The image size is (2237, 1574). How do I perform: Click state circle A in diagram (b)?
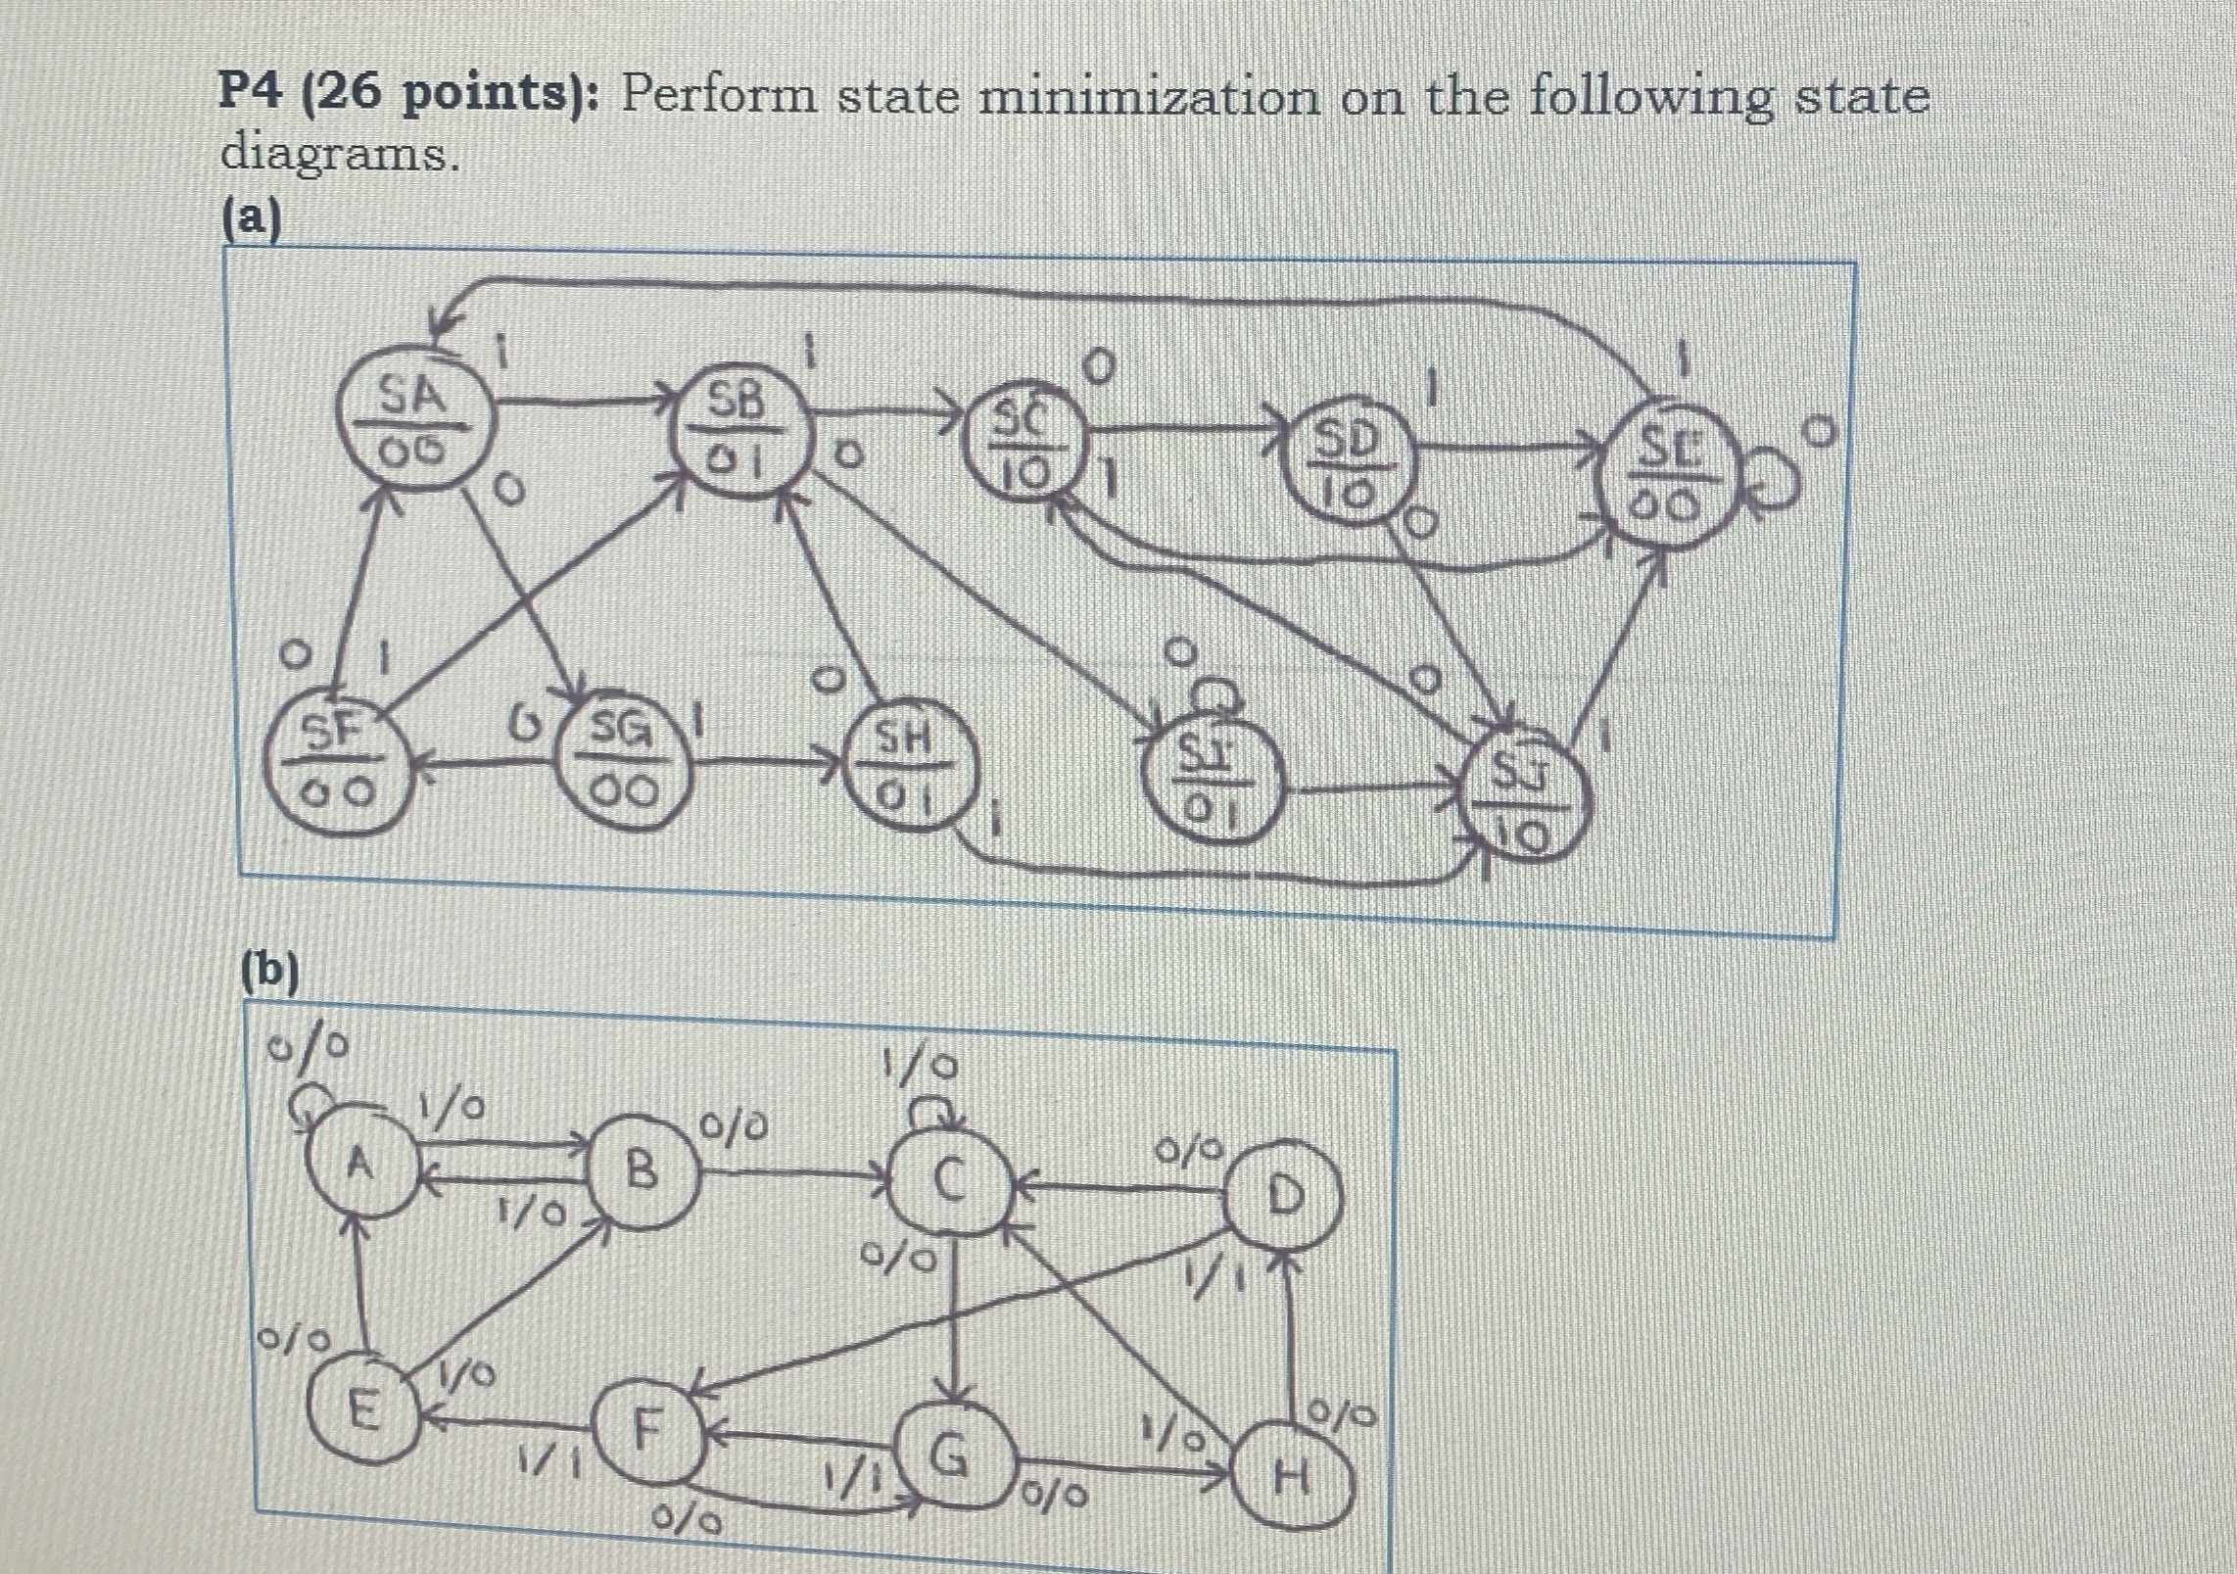click(361, 1166)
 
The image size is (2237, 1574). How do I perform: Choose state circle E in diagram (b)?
click(364, 1410)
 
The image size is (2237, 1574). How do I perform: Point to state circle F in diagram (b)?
click(643, 1432)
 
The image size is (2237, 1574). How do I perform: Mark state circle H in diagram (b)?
click(1295, 1479)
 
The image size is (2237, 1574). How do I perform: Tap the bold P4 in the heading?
click(253, 95)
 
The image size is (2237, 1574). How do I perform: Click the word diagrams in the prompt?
click(339, 155)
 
